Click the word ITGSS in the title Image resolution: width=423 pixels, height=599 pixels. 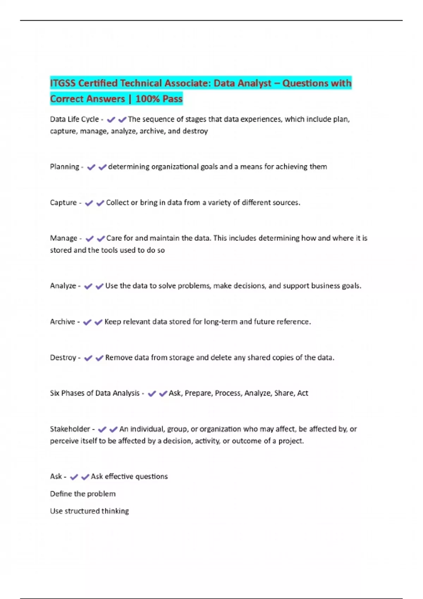point(63,84)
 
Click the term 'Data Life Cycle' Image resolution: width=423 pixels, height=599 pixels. point(74,119)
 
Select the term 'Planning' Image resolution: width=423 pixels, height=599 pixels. point(65,167)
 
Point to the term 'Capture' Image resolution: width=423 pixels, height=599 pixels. point(63,203)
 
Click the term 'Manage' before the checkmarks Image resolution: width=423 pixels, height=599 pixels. point(63,238)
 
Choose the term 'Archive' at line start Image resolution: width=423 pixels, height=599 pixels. point(62,322)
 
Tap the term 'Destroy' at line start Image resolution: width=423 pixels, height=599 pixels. point(63,358)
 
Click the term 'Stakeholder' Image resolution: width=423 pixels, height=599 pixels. point(70,429)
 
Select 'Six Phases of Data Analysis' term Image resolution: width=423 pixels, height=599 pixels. point(95,393)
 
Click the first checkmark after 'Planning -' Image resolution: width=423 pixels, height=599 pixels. point(91,167)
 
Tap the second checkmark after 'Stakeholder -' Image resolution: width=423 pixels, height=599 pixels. point(113,430)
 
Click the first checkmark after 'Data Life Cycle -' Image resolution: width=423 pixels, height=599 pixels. point(111,120)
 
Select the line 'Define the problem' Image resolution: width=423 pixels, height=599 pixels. point(83,494)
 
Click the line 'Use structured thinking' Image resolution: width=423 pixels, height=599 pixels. point(90,511)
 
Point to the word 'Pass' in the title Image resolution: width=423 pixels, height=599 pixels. point(172,99)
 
